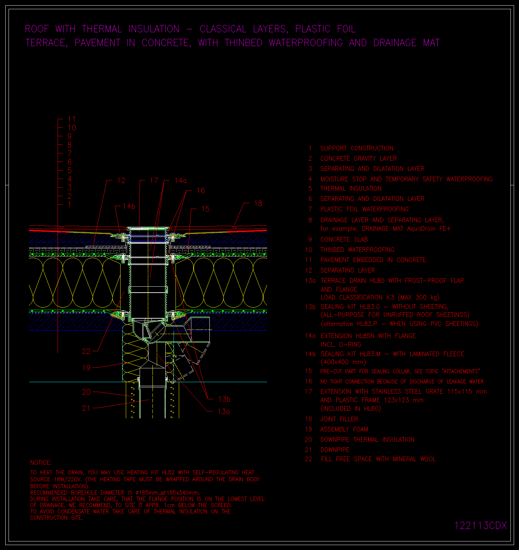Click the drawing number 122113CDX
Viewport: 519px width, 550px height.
point(480,525)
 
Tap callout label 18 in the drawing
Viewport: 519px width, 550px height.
point(258,203)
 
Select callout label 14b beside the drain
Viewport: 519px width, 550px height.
point(129,206)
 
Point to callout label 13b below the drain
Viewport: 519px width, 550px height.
point(224,399)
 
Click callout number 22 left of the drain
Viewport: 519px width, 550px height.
point(86,351)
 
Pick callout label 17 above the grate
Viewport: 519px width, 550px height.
point(154,180)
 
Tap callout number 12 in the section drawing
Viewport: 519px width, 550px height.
point(121,180)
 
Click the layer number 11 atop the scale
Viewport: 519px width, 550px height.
point(72,119)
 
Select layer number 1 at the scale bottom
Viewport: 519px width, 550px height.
point(69,204)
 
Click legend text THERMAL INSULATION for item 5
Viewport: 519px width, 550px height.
point(351,189)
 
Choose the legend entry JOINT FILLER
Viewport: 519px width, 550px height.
point(339,419)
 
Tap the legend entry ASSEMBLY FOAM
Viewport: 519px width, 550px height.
point(344,429)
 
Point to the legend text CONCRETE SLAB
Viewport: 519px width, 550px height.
point(344,239)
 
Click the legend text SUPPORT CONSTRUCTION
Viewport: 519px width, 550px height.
point(357,148)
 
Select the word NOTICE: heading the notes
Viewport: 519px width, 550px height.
point(41,463)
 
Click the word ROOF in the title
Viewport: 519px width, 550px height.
point(37,29)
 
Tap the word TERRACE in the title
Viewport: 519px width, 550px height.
point(46,43)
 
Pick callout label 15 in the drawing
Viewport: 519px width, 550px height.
point(205,209)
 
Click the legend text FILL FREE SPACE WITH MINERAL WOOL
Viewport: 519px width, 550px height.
point(378,459)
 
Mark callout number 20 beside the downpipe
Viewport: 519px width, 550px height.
point(86,392)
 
